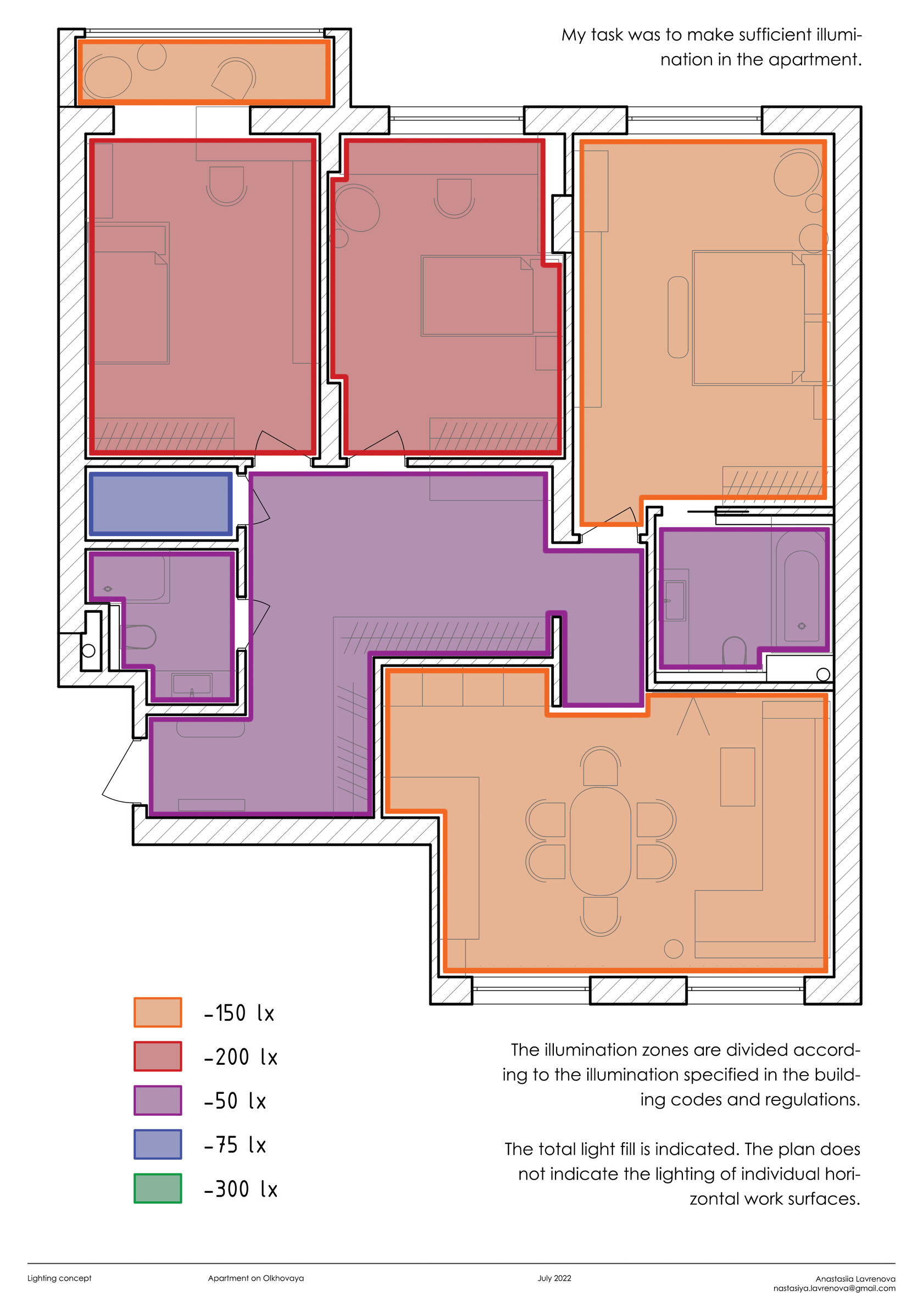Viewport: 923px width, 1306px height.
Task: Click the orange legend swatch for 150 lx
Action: point(158,1012)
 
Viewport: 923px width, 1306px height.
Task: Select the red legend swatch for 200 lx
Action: point(158,1056)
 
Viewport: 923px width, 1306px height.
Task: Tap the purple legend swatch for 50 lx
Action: point(158,1100)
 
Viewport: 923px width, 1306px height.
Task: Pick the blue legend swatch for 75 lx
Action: point(158,1144)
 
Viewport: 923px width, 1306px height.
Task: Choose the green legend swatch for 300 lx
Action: point(158,1189)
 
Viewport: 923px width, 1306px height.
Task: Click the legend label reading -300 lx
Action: point(241,1189)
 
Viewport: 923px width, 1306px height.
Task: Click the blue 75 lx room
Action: point(160,504)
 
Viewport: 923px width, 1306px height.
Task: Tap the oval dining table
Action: point(600,842)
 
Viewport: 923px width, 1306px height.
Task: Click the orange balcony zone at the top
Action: point(204,71)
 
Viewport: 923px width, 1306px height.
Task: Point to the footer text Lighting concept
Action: point(59,1278)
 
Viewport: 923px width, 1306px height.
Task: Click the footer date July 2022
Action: point(554,1278)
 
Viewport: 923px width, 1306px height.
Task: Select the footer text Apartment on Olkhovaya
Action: point(256,1278)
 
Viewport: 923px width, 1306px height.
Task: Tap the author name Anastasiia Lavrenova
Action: point(855,1279)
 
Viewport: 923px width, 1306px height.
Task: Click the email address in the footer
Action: point(835,1288)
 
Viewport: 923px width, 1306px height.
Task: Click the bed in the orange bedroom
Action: point(748,318)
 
